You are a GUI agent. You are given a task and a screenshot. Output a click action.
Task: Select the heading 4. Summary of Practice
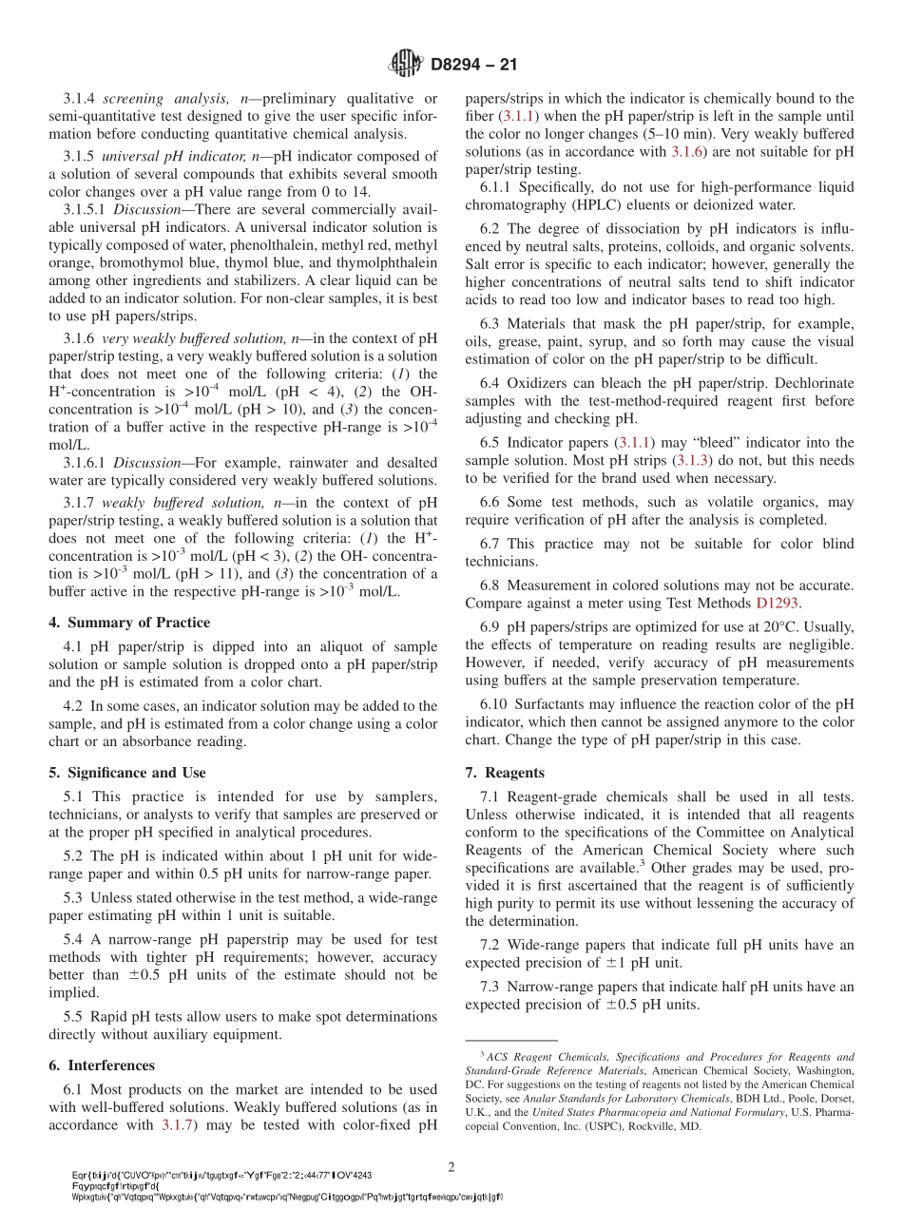[x=129, y=623]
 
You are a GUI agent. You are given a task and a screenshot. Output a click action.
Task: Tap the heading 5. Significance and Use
[x=127, y=773]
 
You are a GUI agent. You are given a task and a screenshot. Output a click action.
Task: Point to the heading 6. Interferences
[x=102, y=1065]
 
